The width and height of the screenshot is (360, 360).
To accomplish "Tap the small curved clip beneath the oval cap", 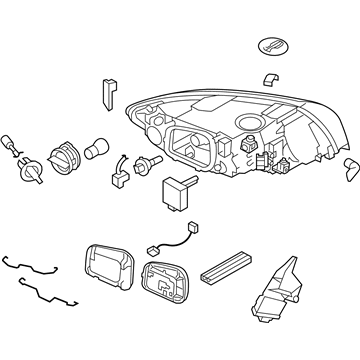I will (x=268, y=78).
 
